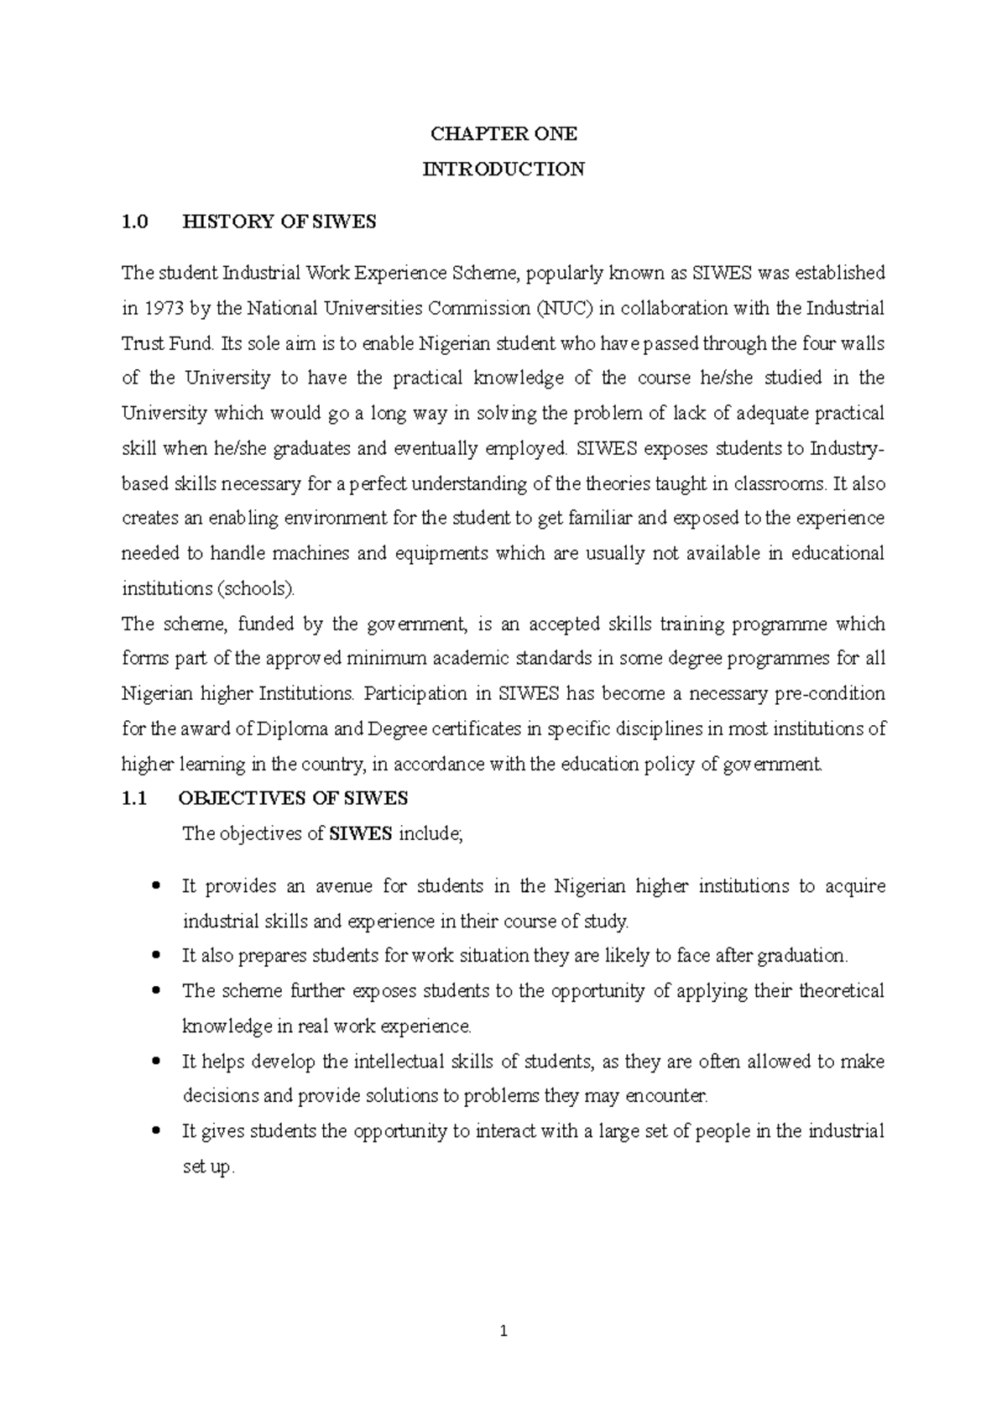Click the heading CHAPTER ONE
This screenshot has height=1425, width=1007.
(503, 134)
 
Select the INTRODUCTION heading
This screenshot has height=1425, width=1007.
(503, 169)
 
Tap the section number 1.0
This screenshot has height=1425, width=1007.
(134, 222)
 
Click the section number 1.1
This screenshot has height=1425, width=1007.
(134, 799)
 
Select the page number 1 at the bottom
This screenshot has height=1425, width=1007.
(503, 1331)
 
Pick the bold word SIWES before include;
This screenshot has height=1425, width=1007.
(361, 834)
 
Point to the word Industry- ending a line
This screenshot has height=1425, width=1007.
(846, 449)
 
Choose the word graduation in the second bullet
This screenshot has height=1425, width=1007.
(801, 956)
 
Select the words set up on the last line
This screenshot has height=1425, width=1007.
(206, 1167)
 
